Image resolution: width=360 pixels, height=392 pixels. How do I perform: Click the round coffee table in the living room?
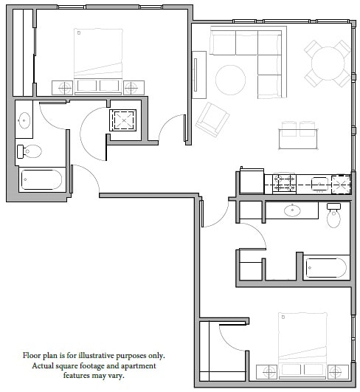coord(229,79)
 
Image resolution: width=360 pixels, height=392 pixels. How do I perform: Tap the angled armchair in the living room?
coord(212,118)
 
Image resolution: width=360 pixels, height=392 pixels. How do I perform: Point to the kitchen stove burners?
coord(285,182)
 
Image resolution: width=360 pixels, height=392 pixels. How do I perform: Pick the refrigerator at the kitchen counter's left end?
coord(252,182)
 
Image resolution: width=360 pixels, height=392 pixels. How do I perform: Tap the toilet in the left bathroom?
coord(30,152)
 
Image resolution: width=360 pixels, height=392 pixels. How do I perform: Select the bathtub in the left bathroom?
coord(41,179)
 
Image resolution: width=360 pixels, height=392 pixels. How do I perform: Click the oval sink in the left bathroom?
coord(24,120)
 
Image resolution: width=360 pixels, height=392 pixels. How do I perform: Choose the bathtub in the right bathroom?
coord(325,267)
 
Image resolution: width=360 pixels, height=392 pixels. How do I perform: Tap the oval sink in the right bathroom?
coord(293,211)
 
